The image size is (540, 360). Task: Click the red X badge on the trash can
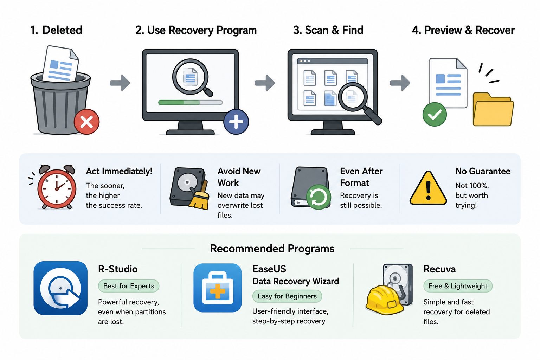86,122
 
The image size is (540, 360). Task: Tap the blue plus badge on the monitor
236,122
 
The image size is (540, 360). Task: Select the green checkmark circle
435,114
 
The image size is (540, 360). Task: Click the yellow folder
493,110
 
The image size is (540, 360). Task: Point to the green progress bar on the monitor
190,102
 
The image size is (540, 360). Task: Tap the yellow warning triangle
428,188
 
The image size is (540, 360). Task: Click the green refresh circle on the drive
319,197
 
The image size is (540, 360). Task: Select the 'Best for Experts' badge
128,286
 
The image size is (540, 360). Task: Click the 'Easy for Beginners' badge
287,296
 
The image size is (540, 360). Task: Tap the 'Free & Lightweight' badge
458,286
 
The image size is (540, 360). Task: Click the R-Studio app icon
60,288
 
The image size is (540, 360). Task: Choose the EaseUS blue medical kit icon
218,288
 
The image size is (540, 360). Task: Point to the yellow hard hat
384,301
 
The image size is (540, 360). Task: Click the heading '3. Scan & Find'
328,30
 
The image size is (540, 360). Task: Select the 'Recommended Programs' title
272,249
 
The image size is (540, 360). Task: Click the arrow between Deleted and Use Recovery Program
120,83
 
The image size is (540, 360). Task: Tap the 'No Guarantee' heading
483,171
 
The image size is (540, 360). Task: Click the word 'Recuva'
439,269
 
